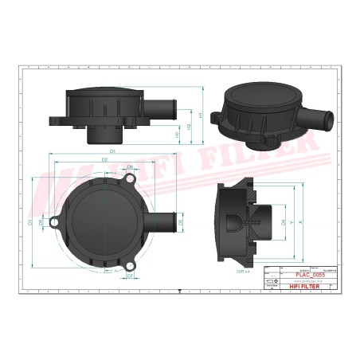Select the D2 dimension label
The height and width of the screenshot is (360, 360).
(105, 160)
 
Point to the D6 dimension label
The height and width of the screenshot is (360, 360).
(129, 167)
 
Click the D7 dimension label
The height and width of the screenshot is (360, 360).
(130, 276)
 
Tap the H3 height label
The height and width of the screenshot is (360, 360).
(176, 134)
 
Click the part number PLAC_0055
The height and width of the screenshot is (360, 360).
(307, 276)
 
